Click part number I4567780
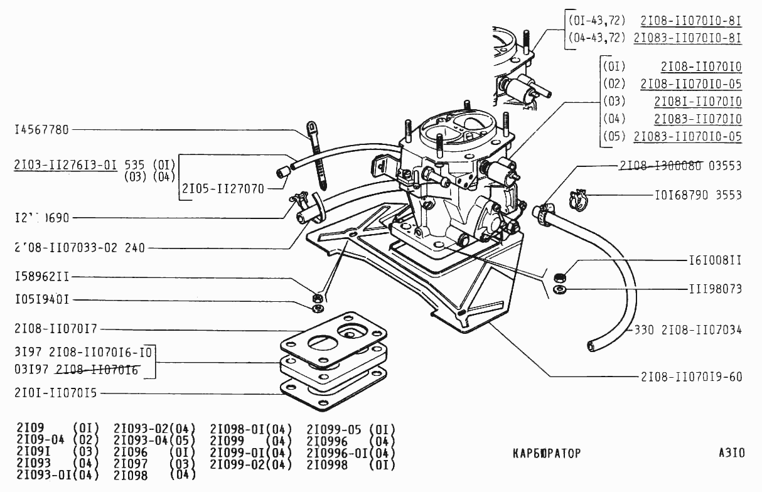click(x=41, y=131)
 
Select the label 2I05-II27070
click(x=223, y=188)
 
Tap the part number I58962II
click(x=41, y=277)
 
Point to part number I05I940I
click(x=41, y=300)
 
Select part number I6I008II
click(x=712, y=259)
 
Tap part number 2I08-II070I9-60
click(x=691, y=377)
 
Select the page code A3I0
click(x=732, y=452)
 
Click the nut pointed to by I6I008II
click(x=558, y=276)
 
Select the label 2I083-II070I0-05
click(x=687, y=136)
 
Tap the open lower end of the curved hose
click(x=591, y=345)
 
